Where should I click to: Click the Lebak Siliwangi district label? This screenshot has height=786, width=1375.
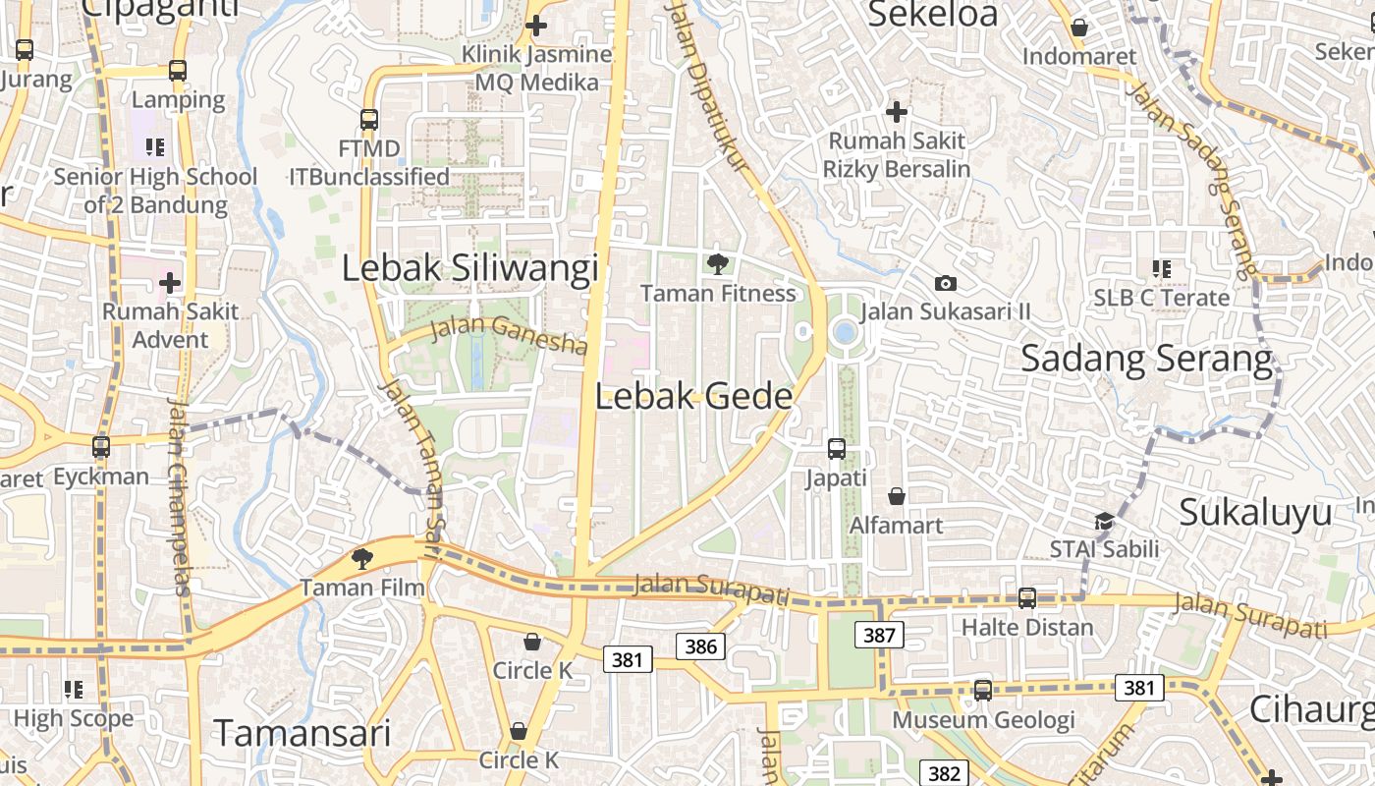469,268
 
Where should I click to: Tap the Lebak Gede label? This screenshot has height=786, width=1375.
693,396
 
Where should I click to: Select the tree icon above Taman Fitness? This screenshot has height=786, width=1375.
718,263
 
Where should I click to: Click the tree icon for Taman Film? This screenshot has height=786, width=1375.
362,559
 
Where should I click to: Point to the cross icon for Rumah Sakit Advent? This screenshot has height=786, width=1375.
170,284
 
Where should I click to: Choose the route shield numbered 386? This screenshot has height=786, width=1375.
700,646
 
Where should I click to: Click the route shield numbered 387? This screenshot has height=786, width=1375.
879,635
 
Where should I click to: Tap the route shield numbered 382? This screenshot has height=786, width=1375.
943,773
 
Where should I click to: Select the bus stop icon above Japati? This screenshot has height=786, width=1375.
837,449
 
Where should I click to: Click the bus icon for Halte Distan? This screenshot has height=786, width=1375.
1027,597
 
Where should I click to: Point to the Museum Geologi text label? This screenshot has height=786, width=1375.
983,720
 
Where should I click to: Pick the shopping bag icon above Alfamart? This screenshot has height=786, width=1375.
897,496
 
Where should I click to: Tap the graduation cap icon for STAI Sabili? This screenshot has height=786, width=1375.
1105,521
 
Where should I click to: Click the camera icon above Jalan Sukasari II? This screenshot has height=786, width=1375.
946,283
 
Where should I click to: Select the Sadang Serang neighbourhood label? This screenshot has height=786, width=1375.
1146,359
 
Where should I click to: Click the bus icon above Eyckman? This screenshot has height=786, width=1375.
100,447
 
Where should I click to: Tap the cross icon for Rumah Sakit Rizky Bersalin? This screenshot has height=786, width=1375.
897,112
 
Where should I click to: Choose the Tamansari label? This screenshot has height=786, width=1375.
302,733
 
